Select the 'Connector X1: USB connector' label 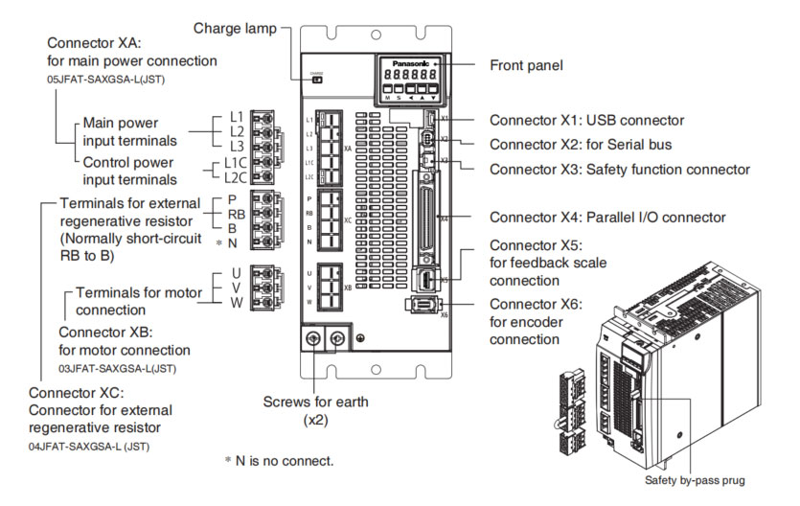[x=586, y=121]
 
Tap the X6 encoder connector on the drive [x=423, y=305]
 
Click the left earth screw [x=312, y=340]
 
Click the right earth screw [x=336, y=340]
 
